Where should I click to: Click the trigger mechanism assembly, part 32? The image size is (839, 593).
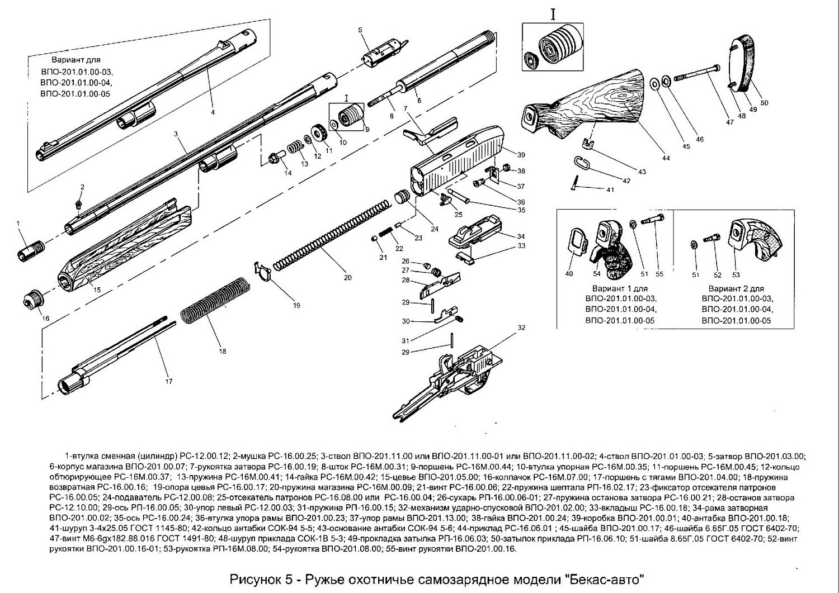459,372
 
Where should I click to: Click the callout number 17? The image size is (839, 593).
169,382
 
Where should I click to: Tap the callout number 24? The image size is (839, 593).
435,229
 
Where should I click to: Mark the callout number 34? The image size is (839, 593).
521,236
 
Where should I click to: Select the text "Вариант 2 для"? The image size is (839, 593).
736,289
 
